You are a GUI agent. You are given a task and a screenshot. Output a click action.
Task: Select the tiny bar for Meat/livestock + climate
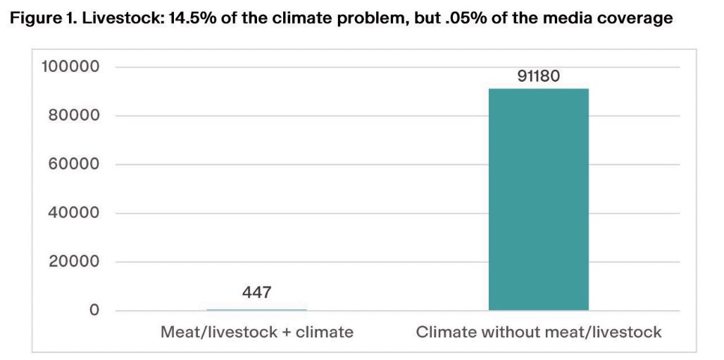click(256, 309)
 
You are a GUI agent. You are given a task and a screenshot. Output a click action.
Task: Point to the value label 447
click(256, 292)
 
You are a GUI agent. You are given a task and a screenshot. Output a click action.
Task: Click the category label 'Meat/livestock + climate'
click(256, 332)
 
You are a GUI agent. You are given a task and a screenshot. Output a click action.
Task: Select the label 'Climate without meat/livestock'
click(538, 332)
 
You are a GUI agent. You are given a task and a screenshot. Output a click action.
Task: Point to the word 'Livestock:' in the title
click(119, 19)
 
